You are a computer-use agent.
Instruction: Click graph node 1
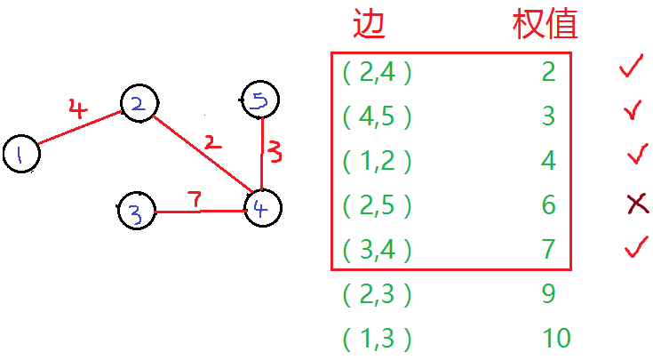pos(21,156)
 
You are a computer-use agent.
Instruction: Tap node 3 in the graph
pos(136,212)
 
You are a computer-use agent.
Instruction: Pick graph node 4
pos(262,209)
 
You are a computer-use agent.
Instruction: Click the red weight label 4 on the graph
pos(78,110)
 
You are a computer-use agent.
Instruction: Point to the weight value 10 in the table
pos(555,339)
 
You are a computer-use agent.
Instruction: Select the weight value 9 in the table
pos(548,294)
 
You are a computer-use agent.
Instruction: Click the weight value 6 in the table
pos(548,205)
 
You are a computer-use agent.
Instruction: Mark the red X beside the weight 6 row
pos(636,205)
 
